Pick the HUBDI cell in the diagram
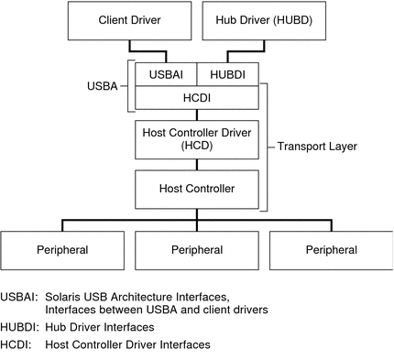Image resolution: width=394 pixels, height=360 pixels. [x=227, y=73]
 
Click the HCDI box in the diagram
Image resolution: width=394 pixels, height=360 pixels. [x=196, y=96]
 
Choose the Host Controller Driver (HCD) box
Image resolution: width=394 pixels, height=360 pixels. [x=196, y=138]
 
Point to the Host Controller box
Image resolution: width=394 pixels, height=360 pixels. [x=196, y=188]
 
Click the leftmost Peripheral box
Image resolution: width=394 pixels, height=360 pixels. [x=62, y=249]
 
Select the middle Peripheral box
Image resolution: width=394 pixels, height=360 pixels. [x=196, y=249]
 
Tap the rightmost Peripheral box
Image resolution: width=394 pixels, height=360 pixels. [x=331, y=249]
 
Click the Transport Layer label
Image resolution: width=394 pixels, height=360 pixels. [x=317, y=146]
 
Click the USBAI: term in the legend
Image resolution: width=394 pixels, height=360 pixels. [x=19, y=296]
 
